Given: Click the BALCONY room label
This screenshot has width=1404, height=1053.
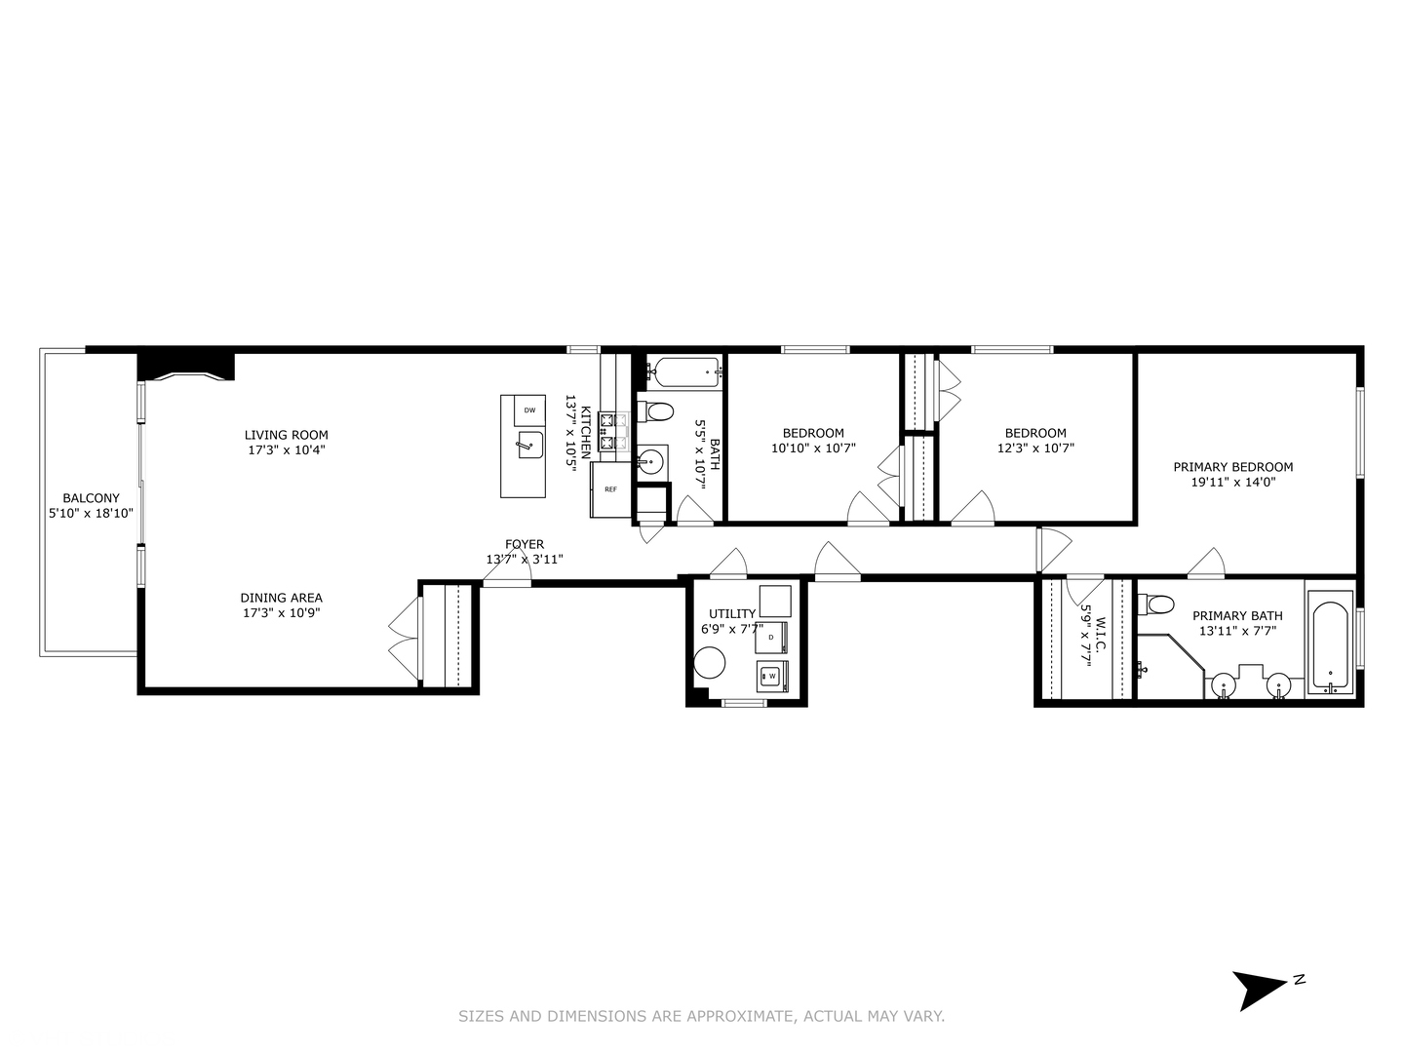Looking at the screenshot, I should point(91,498).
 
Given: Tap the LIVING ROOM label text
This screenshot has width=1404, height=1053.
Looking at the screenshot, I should point(286,436).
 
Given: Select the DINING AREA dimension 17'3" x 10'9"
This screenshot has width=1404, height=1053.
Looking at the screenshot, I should point(281,613).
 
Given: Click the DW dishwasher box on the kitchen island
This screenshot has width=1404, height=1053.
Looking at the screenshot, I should point(529,410).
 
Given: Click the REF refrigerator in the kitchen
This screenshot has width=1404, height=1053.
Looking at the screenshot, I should point(610,489).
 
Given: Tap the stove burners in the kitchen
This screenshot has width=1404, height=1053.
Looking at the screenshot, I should point(613,432).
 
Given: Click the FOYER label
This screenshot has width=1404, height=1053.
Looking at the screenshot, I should point(525,544).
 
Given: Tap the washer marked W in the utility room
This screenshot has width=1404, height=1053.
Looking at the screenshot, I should point(771,675).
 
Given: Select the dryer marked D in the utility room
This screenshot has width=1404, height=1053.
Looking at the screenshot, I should point(770,637).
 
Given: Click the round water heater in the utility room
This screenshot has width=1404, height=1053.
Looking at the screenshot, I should point(710,665).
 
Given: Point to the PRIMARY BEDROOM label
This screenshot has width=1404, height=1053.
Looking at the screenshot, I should point(1232,467).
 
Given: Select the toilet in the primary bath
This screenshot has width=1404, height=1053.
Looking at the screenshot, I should point(1157,604).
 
